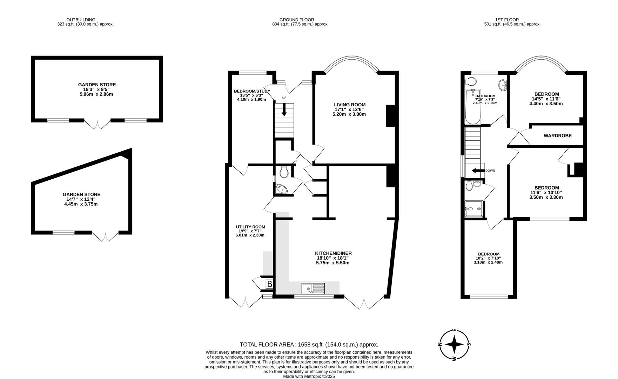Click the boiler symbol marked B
[269, 284]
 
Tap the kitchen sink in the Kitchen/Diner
[313, 288]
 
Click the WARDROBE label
[557, 136]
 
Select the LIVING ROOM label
[349, 105]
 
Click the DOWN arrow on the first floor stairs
[477, 171]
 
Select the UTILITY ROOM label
[250, 227]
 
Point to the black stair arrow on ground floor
[284, 109]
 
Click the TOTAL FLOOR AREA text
[309, 345]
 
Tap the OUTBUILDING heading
[81, 20]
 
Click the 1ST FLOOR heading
[507, 20]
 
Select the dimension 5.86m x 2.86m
[96, 94]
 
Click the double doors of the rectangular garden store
[98, 124]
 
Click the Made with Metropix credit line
[309, 376]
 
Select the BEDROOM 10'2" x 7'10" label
[488, 254]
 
